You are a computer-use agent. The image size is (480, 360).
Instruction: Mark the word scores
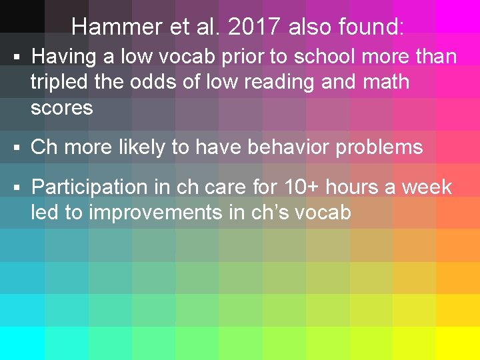click(62, 107)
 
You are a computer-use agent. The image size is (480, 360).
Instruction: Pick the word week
click(426, 187)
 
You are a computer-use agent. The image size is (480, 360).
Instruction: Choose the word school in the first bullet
click(327, 57)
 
